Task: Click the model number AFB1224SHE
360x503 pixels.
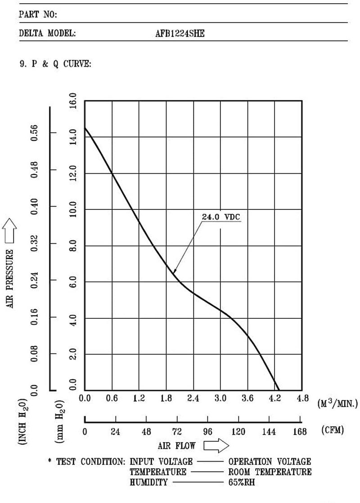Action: (x=180, y=33)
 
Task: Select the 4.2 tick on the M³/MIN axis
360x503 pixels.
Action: (x=275, y=398)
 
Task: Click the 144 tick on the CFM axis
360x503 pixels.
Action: (x=269, y=432)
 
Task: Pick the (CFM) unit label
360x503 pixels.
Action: (x=333, y=430)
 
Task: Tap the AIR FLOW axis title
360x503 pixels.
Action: (x=176, y=446)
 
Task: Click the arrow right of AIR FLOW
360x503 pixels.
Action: (x=216, y=446)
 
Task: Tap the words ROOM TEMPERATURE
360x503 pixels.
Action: (x=270, y=472)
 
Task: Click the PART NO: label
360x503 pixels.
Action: (x=38, y=15)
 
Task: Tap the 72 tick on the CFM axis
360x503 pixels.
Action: (x=176, y=432)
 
